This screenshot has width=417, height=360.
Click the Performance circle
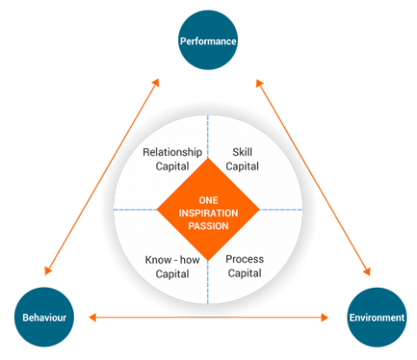point(208,40)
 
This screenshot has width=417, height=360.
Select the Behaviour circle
point(44,317)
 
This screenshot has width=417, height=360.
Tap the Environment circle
point(377,317)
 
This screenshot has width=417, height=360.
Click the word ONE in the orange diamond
point(208,200)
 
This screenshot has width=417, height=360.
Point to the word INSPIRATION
point(208,213)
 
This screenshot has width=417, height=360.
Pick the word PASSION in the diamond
point(208,226)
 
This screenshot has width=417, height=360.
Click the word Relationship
point(172,152)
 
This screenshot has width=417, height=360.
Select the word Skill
point(242,152)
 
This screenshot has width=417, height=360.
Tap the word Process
point(245,259)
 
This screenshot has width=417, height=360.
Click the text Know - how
point(172,260)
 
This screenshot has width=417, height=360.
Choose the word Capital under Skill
point(242,167)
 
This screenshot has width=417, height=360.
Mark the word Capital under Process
point(245,273)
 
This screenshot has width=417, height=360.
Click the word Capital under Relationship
point(172,167)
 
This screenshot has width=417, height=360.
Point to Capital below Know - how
point(172,274)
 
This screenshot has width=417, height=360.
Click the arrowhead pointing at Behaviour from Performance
point(48,270)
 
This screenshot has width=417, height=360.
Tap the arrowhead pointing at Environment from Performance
point(367,271)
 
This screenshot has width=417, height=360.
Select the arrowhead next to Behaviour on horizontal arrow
point(92,317)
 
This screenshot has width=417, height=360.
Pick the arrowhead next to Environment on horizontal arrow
point(325,317)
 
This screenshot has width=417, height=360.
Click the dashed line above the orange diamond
point(208,137)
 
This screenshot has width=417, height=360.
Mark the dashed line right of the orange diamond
point(281,210)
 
